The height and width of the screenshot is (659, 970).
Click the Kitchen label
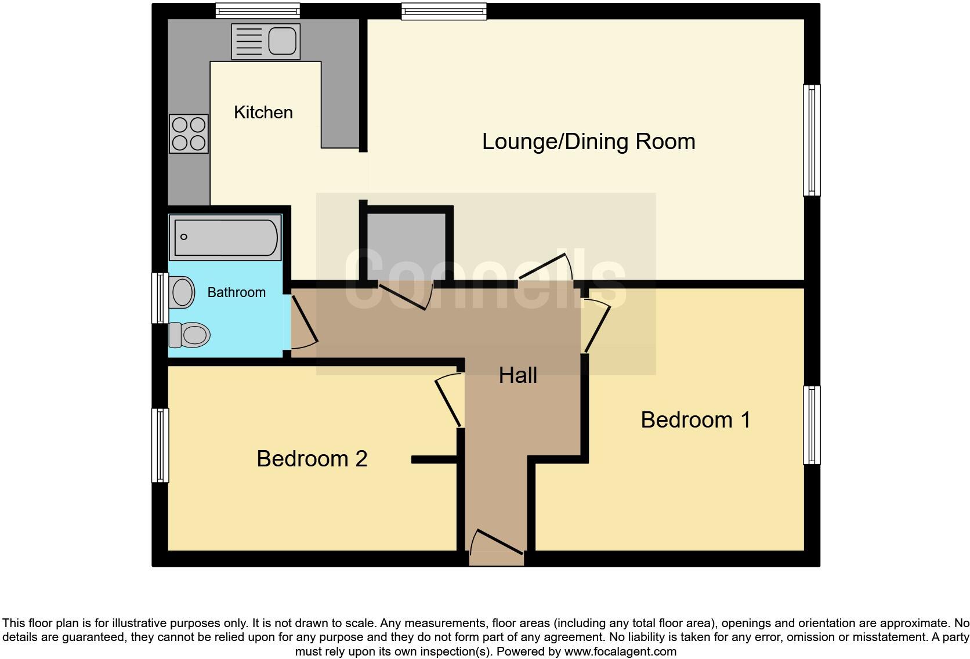click(263, 113)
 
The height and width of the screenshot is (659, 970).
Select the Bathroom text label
click(236, 292)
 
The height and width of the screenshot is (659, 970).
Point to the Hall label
click(517, 375)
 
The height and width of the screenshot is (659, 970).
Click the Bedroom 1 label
click(695, 420)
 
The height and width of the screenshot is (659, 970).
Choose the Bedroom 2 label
click(312, 459)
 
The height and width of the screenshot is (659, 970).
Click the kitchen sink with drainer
click(265, 41)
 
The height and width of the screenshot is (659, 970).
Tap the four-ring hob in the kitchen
click(189, 133)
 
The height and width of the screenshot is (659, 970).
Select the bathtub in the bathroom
click(225, 237)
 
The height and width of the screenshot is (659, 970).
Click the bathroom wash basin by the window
click(182, 291)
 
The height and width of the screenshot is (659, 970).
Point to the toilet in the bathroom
click(190, 335)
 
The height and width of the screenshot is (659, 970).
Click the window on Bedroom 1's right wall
click(812, 425)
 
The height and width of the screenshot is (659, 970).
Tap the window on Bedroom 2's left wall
click(160, 446)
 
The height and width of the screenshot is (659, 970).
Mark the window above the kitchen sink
click(258, 11)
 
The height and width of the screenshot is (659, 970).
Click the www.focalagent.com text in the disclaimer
click(620, 651)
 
